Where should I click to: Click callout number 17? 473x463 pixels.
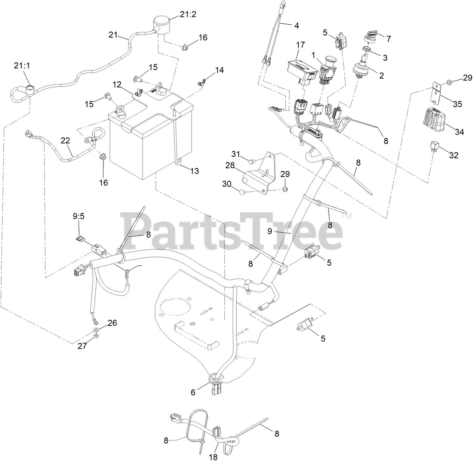tap(300, 44)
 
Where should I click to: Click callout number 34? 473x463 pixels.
tap(459, 132)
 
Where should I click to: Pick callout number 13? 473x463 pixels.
tap(194, 171)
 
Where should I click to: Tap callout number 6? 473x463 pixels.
tap(193, 392)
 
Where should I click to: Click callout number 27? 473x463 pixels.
tap(82, 346)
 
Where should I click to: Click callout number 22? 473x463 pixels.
tap(65, 141)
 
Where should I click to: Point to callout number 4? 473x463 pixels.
tap(296, 26)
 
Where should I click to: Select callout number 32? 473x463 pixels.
tap(454, 155)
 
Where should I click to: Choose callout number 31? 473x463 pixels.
tap(235, 154)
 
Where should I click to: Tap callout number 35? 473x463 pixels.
tap(457, 104)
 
